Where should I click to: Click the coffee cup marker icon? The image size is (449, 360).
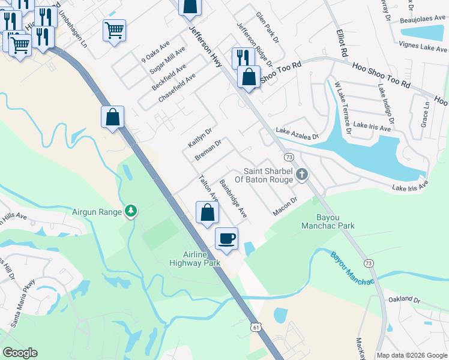(226, 239)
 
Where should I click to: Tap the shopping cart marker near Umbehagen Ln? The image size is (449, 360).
(114, 30)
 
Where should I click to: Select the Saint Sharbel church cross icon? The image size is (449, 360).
(301, 175)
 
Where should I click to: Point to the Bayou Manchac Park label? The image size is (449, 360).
(327, 221)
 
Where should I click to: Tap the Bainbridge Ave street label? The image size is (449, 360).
(234, 198)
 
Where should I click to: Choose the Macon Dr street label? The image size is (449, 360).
(285, 207)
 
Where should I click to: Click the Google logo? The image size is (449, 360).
(20, 353)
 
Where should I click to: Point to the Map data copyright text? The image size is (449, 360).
(412, 355)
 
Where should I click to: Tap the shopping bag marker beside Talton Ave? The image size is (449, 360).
(206, 212)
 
